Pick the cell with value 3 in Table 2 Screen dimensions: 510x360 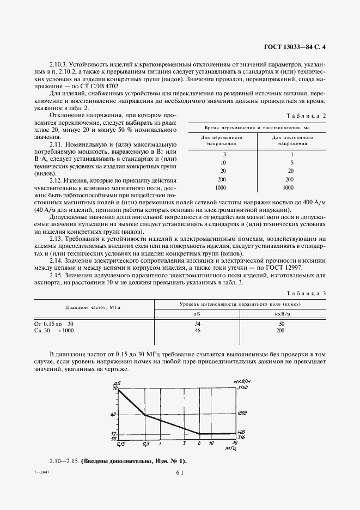(224, 155)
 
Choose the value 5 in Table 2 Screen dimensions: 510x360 (292, 162)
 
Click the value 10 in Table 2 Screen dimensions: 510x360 (223, 162)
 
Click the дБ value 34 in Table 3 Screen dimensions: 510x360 (198, 324)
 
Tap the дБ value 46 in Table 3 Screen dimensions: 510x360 (198, 331)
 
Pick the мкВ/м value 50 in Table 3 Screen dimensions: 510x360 (281, 324)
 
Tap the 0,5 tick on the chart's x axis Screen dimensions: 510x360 (145, 444)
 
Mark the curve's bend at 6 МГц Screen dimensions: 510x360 (199, 434)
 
